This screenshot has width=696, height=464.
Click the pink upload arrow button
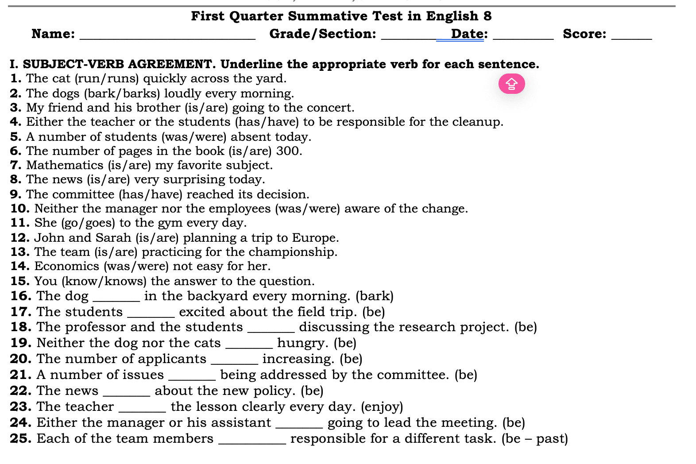pyautogui.click(x=511, y=84)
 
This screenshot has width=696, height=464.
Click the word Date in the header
pyautogui.click(x=468, y=34)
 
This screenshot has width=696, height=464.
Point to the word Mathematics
pyautogui.click(x=65, y=165)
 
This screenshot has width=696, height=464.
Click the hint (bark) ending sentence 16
pyautogui.click(x=375, y=296)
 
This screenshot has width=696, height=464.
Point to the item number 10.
pyautogui.click(x=20, y=209)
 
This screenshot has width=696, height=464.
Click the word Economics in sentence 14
pyautogui.click(x=67, y=266)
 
